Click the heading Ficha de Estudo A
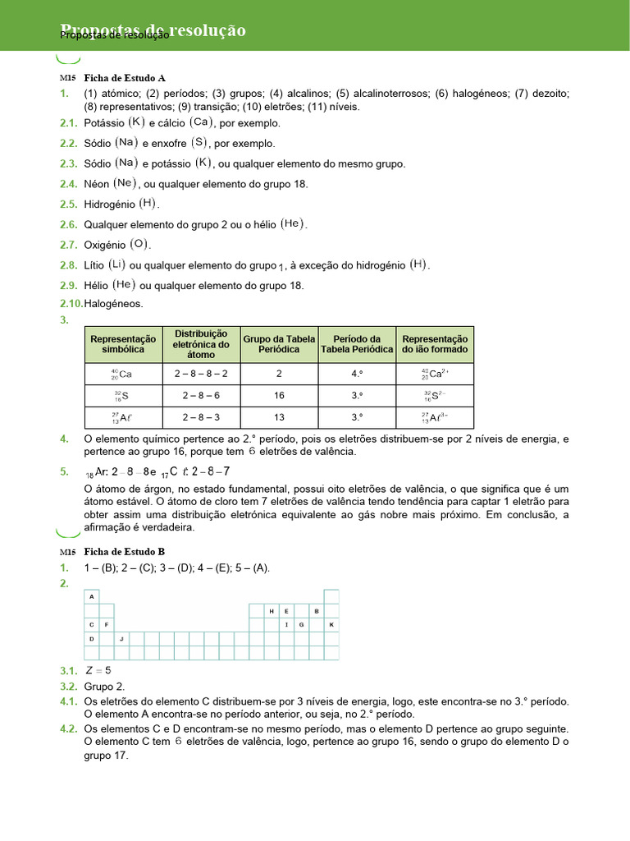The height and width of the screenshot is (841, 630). (125, 78)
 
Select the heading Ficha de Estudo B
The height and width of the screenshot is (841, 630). (125, 552)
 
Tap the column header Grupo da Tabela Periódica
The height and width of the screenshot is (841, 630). (279, 344)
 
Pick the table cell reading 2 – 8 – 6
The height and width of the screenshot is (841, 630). (201, 395)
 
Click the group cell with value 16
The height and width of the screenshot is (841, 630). (279, 395)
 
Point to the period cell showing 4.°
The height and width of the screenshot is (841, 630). (357, 374)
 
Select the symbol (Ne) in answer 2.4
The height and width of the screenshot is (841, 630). (124, 183)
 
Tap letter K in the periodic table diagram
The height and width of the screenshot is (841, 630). (331, 625)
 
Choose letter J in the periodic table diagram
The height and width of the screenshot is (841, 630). (121, 638)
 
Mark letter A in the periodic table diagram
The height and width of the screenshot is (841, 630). (92, 596)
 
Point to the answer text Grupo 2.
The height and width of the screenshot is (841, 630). (104, 687)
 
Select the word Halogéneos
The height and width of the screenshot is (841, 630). (113, 304)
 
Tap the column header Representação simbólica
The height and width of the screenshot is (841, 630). (123, 344)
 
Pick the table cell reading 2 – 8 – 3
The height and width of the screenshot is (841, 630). (201, 416)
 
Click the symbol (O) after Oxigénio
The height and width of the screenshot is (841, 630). (139, 244)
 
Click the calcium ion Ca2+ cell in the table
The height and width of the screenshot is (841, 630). (434, 374)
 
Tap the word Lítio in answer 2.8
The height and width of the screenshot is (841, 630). (94, 265)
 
